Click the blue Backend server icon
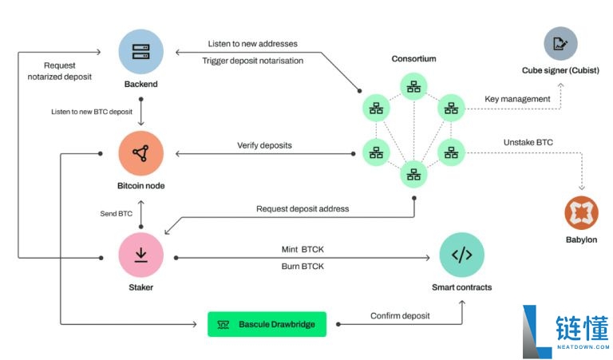[140, 52]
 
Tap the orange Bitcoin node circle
[140, 153]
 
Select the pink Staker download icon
[140, 255]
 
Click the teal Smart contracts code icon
[461, 255]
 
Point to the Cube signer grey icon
[560, 43]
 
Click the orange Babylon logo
[581, 213]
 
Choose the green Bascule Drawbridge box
[267, 324]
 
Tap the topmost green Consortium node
[413, 86]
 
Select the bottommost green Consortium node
[413, 174]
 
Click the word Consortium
[413, 58]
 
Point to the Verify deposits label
[264, 145]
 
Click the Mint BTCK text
[303, 249]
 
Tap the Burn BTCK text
[303, 266]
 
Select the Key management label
[517, 99]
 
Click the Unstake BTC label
[528, 142]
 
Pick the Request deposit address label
[303, 208]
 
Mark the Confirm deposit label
[400, 316]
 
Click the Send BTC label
[116, 213]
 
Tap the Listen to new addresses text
[252, 44]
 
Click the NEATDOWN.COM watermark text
[583, 346]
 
